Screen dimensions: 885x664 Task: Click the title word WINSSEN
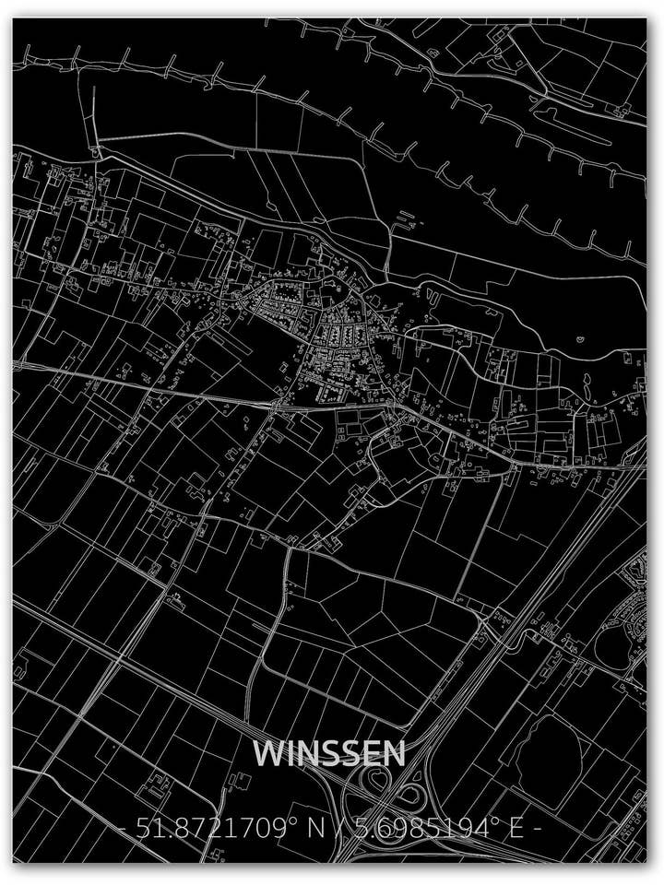(329, 753)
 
